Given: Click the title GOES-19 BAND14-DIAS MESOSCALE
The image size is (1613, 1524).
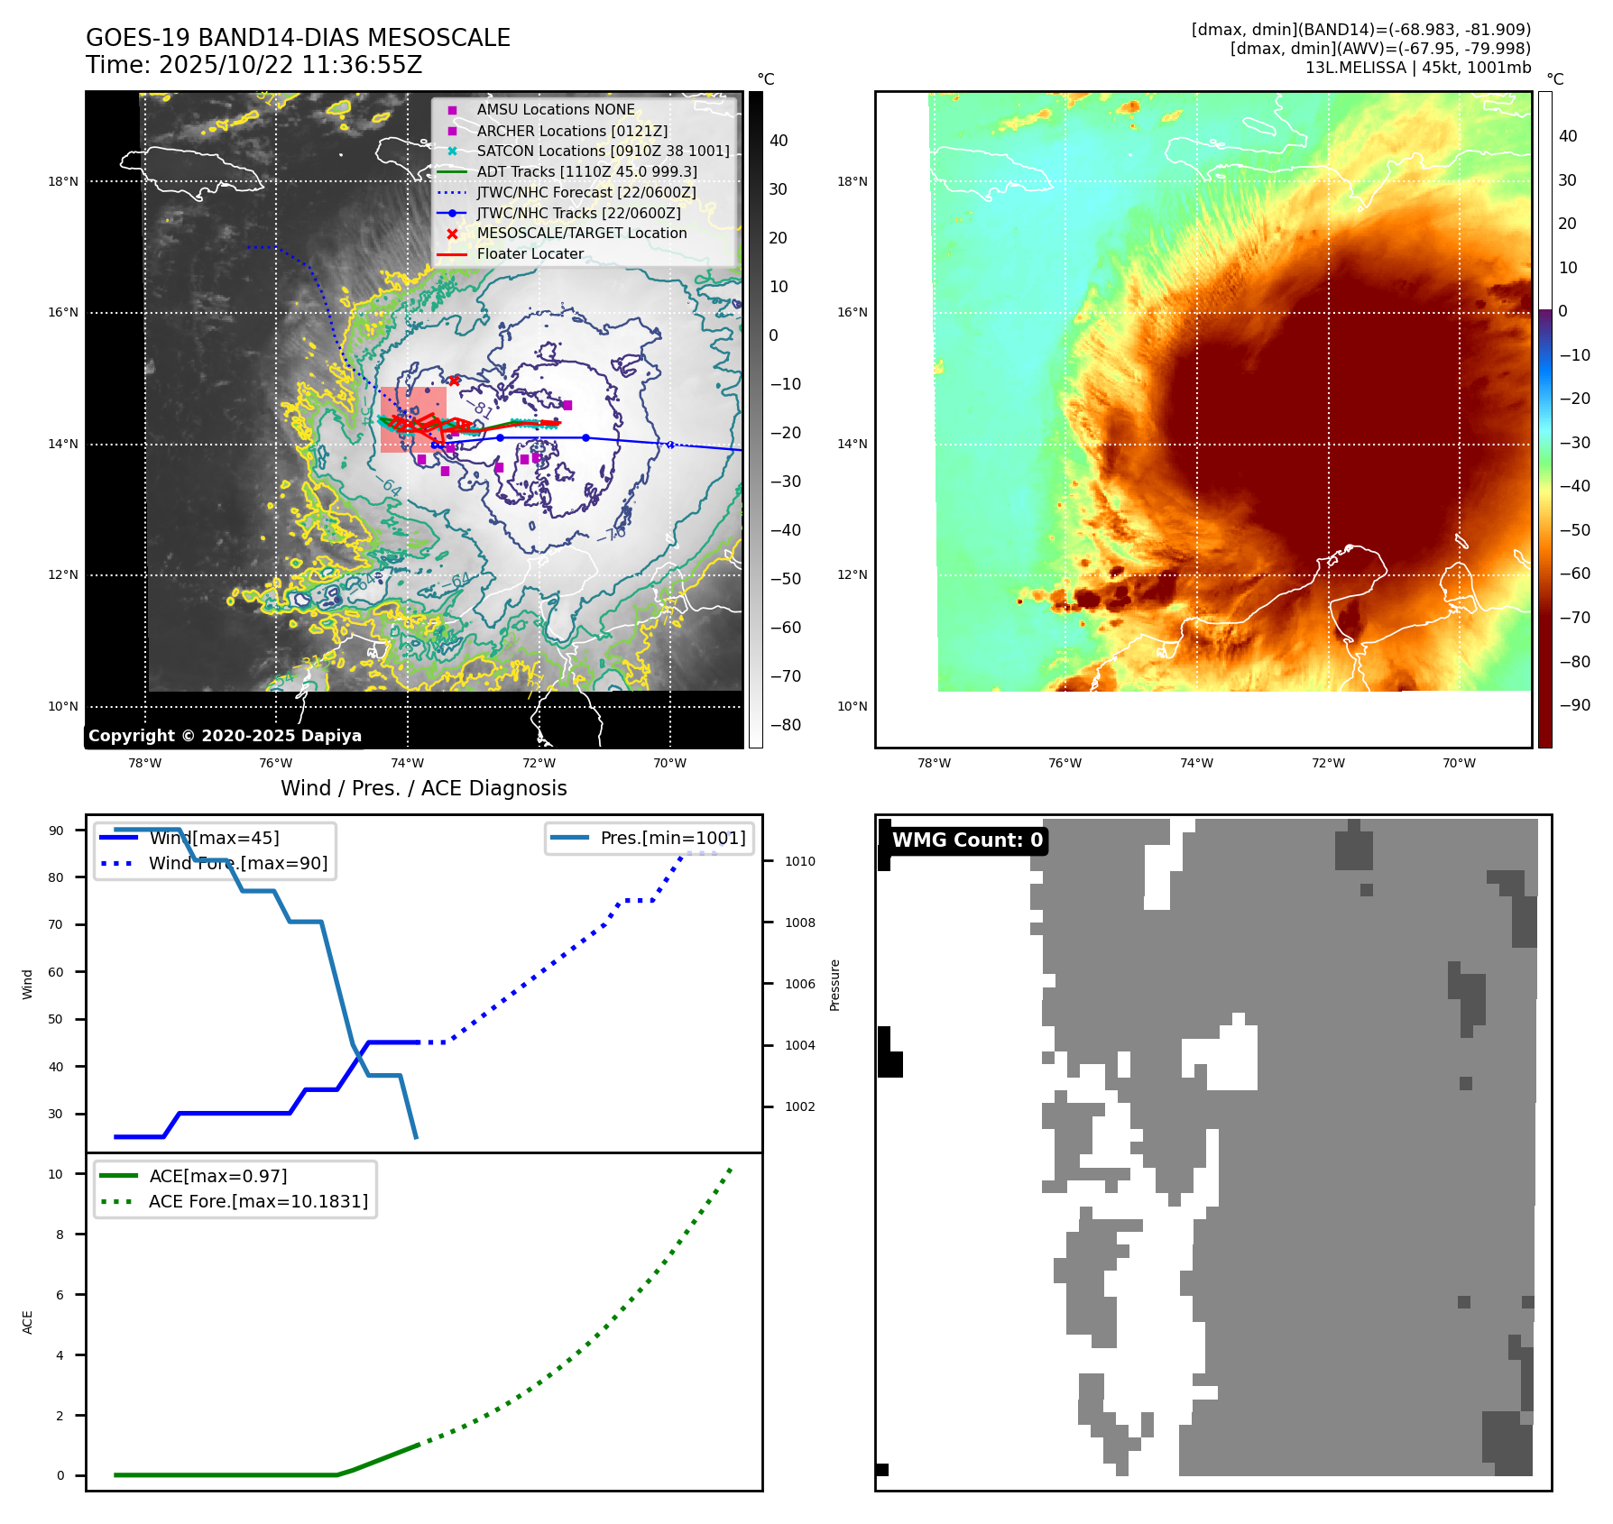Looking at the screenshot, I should pos(298,38).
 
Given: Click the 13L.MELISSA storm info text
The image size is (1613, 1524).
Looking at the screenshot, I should pos(1417,68).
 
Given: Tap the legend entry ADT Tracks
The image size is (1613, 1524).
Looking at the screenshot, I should pos(586,171).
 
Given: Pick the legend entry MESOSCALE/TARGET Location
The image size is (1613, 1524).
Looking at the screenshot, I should pos(582,233).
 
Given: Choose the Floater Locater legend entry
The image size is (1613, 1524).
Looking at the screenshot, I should pos(530,253).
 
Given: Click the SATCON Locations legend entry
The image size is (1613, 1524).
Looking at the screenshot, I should pos(603,151).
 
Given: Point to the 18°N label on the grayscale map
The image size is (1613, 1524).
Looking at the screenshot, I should pos(63,181).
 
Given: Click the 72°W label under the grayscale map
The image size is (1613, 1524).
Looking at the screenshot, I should pos(539,763).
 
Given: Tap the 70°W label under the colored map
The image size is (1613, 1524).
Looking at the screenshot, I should pos(1459,763).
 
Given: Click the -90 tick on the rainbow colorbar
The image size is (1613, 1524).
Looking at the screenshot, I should pos(1574,705).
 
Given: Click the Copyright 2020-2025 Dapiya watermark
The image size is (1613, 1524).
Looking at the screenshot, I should pos(225,736).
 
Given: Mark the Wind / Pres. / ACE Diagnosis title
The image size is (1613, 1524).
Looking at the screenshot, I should pos(423,788).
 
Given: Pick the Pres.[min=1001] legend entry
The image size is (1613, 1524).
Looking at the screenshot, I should pos(672,838).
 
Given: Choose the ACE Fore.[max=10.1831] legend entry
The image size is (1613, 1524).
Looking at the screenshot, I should pos(258,1201).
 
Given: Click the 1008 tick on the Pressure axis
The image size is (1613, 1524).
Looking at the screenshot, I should pos(799,923).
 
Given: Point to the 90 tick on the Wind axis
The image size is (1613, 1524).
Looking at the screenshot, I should pos(56,831).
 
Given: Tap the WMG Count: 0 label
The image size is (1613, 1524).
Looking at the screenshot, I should pos(966,840).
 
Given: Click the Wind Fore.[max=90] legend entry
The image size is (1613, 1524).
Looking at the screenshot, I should pos(238,863).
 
